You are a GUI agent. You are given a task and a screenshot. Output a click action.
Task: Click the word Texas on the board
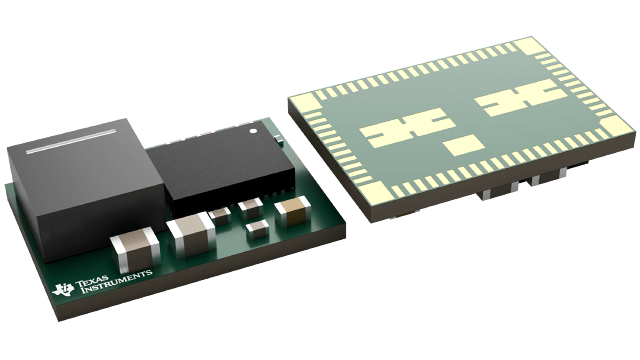click(x=101, y=267)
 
